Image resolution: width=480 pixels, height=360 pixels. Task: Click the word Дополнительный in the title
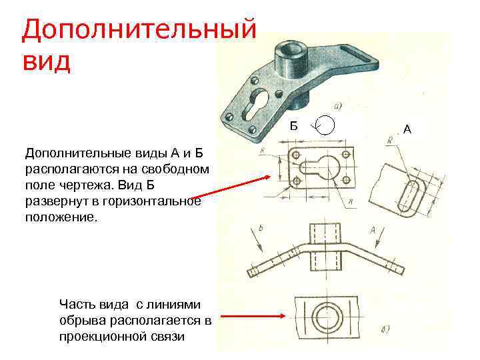(x=139, y=30)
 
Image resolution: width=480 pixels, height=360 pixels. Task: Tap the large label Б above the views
(x=295, y=125)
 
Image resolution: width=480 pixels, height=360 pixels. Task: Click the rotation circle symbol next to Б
(x=326, y=125)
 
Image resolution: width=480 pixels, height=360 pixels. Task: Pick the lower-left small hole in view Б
(x=295, y=181)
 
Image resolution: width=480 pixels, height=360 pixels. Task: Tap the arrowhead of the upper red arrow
(x=272, y=177)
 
